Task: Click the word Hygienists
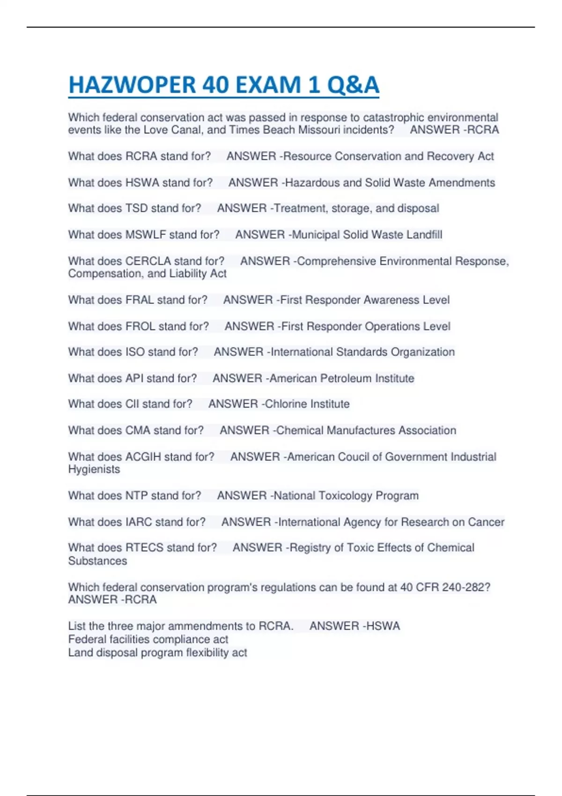coord(94,470)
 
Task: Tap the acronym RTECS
coord(144,548)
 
